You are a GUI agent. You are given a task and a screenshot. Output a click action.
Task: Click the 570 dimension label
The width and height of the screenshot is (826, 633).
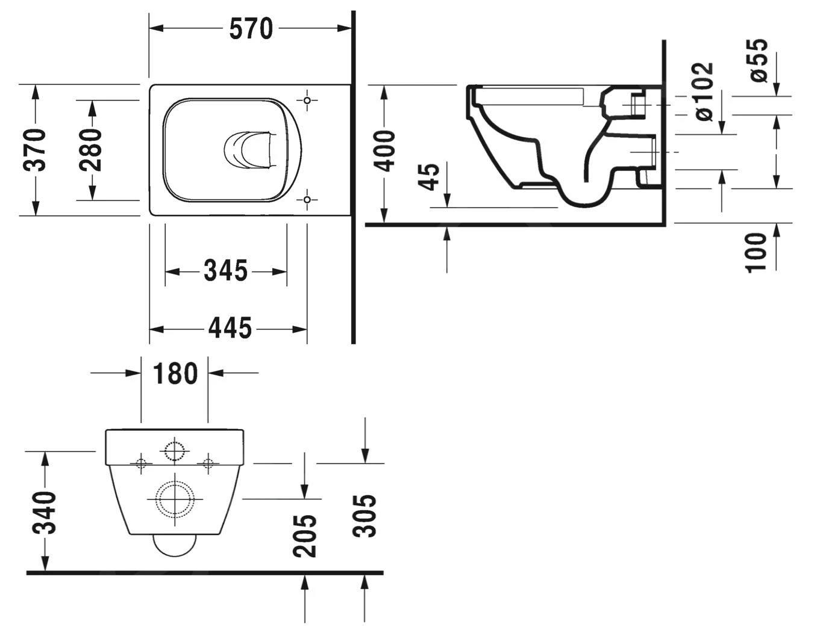[251, 28]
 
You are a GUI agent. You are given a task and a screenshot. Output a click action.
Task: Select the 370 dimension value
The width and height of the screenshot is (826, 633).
[36, 150]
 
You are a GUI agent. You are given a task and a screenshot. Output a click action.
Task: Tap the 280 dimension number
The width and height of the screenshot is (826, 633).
[92, 150]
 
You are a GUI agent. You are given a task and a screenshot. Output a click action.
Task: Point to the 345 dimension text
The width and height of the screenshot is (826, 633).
[225, 271]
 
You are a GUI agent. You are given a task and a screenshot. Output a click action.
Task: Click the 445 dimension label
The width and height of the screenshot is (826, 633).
[230, 329]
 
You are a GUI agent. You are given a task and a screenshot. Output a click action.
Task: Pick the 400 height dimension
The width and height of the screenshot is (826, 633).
[385, 151]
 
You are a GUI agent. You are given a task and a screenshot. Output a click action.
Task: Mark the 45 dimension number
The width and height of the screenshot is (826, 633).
[431, 176]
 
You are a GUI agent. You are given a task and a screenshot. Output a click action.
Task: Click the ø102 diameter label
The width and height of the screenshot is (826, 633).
[703, 91]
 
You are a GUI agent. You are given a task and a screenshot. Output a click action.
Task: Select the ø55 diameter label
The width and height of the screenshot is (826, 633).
[759, 60]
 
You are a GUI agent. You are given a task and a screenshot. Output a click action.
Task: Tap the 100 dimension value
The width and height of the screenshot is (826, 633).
[757, 253]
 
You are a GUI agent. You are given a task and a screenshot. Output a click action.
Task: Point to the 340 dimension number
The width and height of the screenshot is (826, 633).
[45, 513]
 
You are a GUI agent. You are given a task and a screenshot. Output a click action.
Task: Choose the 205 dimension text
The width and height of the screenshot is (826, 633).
[306, 536]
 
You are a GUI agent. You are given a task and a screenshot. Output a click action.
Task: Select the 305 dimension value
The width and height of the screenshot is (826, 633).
[365, 516]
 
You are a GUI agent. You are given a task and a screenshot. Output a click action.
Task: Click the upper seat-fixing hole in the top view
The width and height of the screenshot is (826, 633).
[307, 100]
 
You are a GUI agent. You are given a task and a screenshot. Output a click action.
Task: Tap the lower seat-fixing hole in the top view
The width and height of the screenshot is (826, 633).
[307, 199]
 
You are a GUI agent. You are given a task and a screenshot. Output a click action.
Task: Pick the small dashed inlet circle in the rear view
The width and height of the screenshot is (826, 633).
[175, 451]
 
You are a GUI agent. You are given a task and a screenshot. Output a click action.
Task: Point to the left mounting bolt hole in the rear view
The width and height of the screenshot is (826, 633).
[141, 463]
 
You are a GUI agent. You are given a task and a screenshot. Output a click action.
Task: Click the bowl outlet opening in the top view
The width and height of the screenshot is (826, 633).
[246, 150]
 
